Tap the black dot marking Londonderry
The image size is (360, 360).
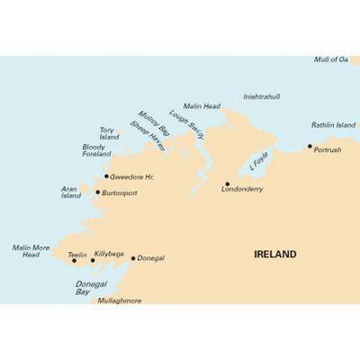coord(227,184)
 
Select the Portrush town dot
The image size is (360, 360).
coord(310,146)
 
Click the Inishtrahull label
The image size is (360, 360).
coord(263,95)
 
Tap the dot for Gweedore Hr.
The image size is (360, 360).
coord(106,176)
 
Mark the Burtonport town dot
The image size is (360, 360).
coord(97,192)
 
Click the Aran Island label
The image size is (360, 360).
coord(71,192)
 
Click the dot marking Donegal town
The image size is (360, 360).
coord(133,258)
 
